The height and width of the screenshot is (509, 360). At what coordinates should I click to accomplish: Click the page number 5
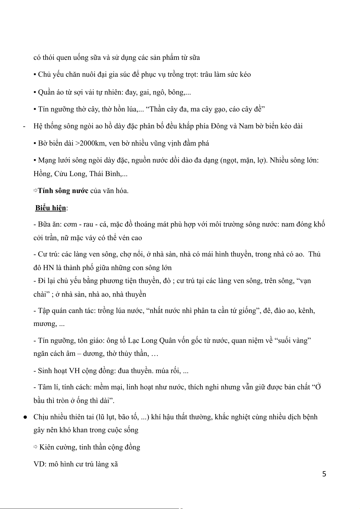click(x=324, y=474)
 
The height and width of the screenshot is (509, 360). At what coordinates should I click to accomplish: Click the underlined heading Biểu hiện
click(x=50, y=208)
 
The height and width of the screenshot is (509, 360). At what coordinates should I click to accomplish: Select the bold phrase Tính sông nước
click(x=63, y=191)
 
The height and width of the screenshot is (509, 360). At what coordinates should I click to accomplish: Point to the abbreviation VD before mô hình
click(x=39, y=464)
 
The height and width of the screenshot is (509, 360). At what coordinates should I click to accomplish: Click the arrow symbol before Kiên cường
click(x=35, y=447)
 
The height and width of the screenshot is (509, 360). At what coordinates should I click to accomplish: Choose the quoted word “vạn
click(x=303, y=281)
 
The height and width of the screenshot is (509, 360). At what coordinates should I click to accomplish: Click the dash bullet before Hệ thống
click(x=24, y=126)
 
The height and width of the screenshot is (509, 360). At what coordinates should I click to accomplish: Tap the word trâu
click(x=207, y=75)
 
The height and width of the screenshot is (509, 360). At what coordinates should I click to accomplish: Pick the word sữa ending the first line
click(x=194, y=57)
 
